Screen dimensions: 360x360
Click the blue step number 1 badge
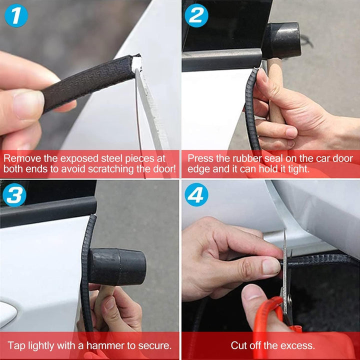click(17, 16)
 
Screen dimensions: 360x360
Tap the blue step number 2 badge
click(196, 16)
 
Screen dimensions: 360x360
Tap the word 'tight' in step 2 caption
click(297, 169)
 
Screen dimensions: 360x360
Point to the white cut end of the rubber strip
click(136, 63)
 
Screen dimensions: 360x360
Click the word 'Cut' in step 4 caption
click(239, 345)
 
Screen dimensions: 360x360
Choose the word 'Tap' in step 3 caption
click(16, 345)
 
